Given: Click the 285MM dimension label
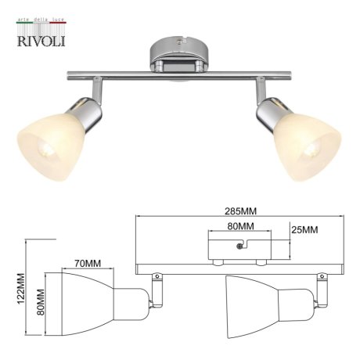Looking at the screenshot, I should tap(240, 212).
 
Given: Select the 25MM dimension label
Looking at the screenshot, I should tap(305, 230).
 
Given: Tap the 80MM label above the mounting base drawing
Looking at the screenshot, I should tap(239, 226).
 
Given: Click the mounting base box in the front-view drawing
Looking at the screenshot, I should tap(240, 249).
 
